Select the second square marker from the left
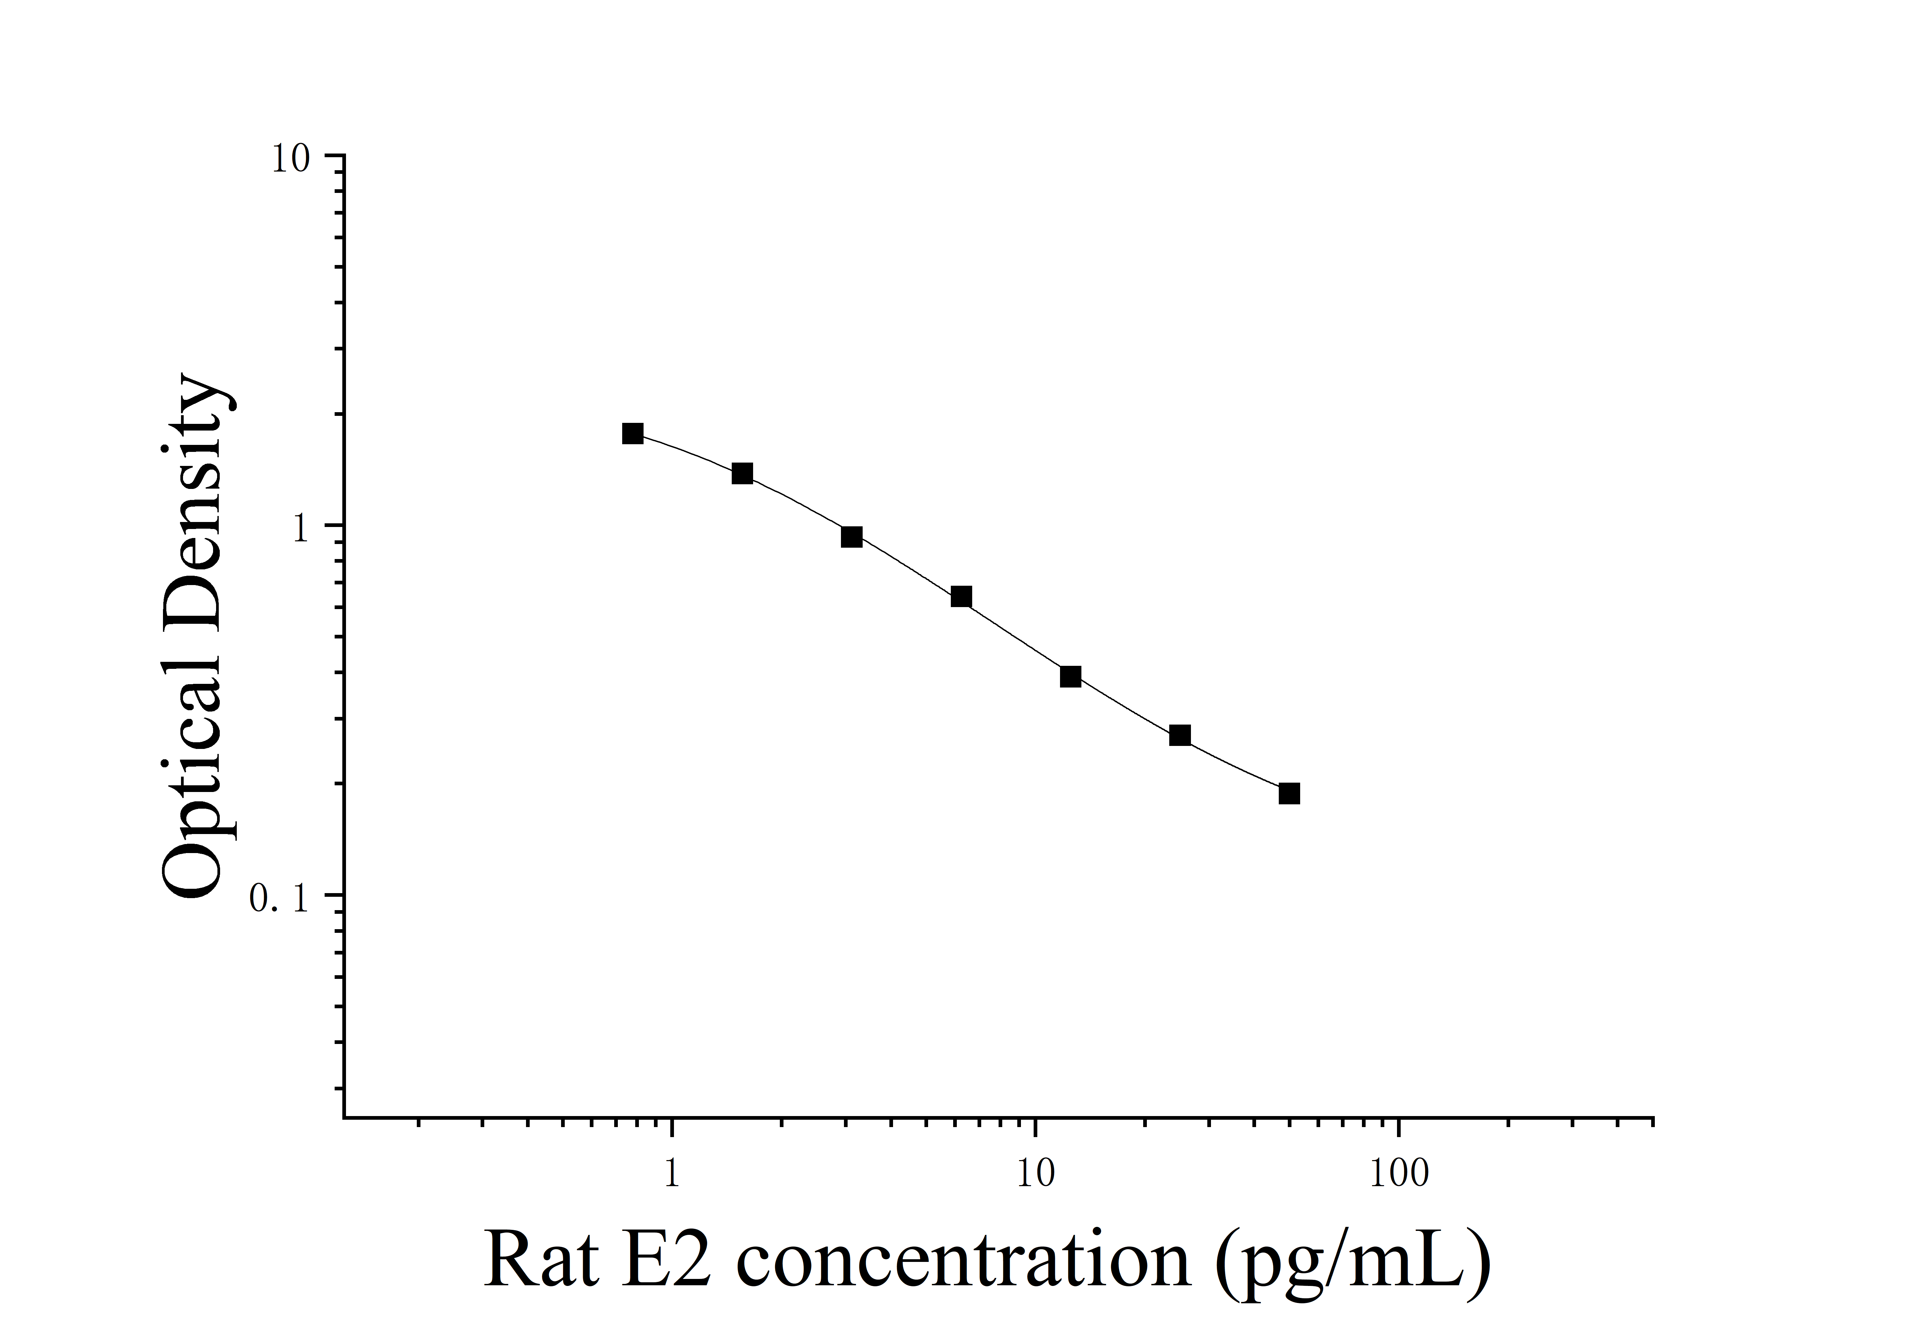pyautogui.click(x=742, y=474)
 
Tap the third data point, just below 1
pyautogui.click(x=851, y=537)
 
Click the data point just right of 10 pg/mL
pyautogui.click(x=1070, y=676)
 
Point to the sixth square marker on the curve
pyautogui.click(x=1180, y=736)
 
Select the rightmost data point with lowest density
pyautogui.click(x=1289, y=793)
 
